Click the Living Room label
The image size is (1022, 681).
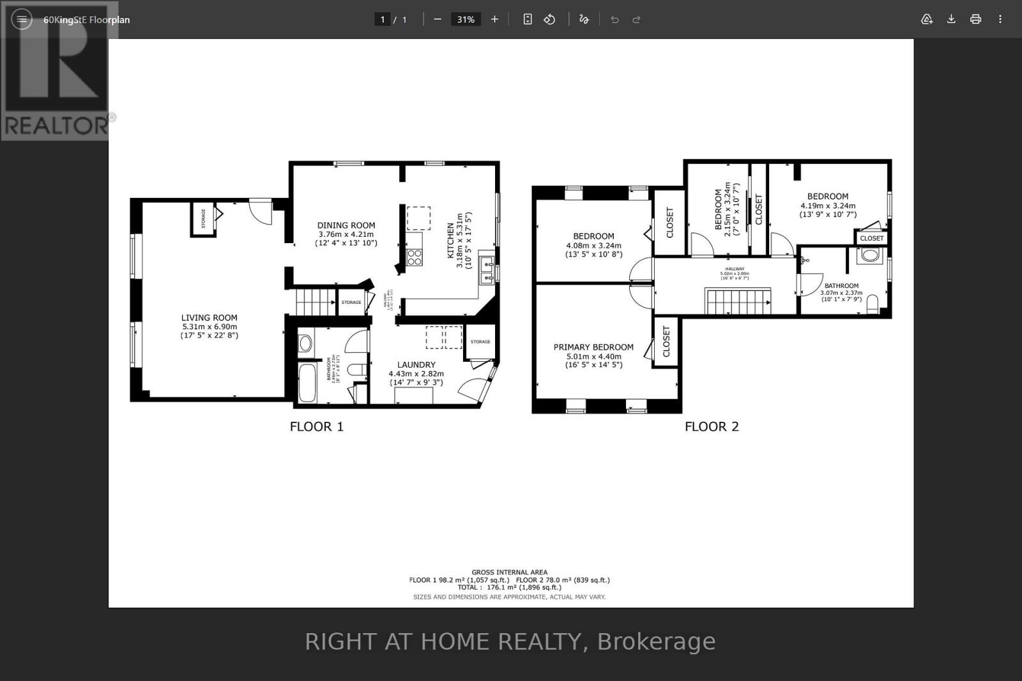209,317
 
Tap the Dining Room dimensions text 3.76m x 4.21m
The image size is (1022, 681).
346,234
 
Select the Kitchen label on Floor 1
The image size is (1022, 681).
451,241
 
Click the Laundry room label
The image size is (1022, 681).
416,364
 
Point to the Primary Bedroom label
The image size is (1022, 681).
593,347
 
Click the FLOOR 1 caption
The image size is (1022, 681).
316,426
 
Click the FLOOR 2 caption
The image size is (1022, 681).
712,426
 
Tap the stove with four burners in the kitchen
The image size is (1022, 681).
415,257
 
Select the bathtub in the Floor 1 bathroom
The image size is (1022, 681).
307,382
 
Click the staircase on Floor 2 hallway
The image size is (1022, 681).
738,301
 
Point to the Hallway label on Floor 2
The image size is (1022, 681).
735,269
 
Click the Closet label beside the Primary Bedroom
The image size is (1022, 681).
666,341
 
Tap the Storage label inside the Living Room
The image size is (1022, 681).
204,218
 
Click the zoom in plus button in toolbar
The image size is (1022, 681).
494,19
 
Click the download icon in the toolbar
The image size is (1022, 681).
951,19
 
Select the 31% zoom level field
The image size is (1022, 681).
466,19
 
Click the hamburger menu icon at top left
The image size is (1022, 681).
22,19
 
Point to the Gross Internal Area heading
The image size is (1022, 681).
509,572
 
